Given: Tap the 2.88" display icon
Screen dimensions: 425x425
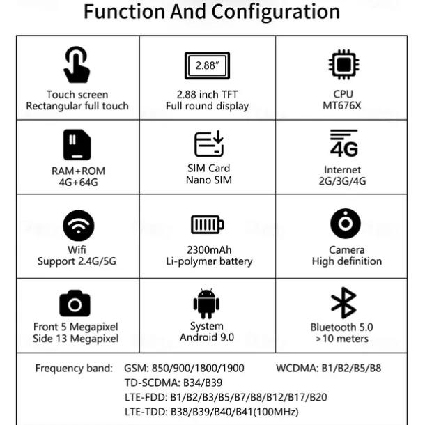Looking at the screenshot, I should point(207,67).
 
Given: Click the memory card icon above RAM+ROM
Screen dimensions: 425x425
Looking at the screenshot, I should point(77,145).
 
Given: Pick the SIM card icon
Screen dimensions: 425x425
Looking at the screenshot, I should point(208,144).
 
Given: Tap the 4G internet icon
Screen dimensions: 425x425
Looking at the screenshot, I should point(343,144).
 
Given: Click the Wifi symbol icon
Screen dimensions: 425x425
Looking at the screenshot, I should point(78,225).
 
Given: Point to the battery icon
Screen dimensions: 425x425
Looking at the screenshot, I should point(208,225).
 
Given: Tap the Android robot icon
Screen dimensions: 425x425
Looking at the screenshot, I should point(206,303).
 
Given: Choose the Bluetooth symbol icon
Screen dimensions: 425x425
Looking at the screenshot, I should point(343,302).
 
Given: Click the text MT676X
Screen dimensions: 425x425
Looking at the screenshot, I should point(343,106).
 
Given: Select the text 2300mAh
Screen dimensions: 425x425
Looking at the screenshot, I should point(208,249).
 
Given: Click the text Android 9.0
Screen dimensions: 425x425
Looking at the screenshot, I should point(207,337).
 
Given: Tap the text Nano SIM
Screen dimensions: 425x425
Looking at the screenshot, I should point(208,180).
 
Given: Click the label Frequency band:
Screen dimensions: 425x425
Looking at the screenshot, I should point(73,368).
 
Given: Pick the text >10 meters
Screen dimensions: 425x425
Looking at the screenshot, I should point(343,339).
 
